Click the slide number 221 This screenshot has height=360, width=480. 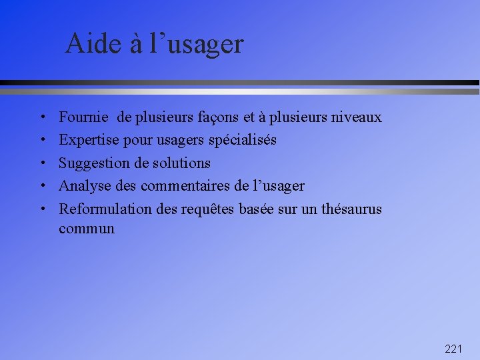pyautogui.click(x=453, y=349)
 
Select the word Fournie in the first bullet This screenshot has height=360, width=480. pyautogui.click(x=84, y=117)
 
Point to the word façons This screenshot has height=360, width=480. pyautogui.click(x=217, y=118)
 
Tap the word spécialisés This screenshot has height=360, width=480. pyautogui.click(x=242, y=141)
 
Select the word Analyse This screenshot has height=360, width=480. pyautogui.click(x=85, y=186)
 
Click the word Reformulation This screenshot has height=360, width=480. pyautogui.click(x=105, y=209)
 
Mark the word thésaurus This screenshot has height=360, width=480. pyautogui.click(x=351, y=209)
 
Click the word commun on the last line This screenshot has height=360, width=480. pyautogui.click(x=87, y=229)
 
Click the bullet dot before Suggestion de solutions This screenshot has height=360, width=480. pyautogui.click(x=42, y=163)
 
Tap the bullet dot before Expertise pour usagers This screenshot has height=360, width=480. pyautogui.click(x=42, y=141)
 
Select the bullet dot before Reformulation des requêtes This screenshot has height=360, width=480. pyautogui.click(x=42, y=209)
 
